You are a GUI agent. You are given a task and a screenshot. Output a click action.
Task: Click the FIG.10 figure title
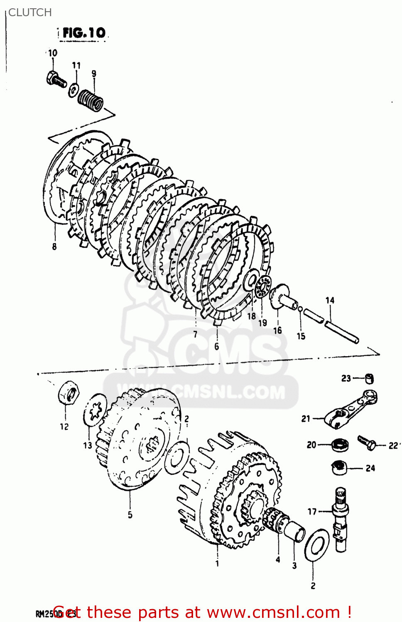[x=83, y=33]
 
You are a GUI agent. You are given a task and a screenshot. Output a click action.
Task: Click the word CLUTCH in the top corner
[x=30, y=12]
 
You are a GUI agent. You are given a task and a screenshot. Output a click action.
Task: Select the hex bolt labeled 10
[x=56, y=79]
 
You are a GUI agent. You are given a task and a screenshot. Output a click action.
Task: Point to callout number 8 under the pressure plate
[x=54, y=247]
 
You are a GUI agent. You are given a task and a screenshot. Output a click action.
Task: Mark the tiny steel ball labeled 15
[x=300, y=309]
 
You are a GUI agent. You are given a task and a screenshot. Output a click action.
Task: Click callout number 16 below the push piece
[x=277, y=330]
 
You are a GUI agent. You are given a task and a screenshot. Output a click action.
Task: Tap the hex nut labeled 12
[x=68, y=392]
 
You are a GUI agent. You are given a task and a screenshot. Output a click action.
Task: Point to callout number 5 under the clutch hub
[x=130, y=515]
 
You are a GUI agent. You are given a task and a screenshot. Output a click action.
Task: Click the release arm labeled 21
[x=351, y=408]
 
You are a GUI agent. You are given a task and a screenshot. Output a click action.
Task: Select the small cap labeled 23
[x=369, y=378]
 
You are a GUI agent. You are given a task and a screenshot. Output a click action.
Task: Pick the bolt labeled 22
[x=366, y=443]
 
